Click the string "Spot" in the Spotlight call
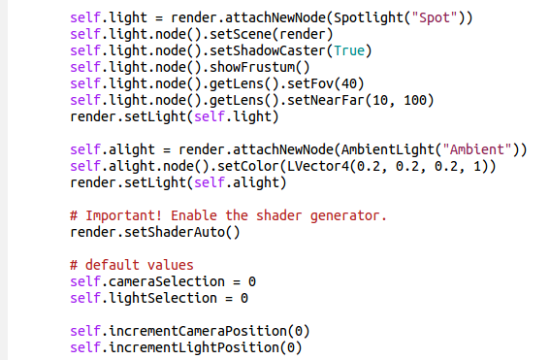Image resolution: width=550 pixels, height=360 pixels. pyautogui.click(x=435, y=17)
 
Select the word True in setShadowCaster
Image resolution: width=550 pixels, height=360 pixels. pyautogui.click(x=349, y=50)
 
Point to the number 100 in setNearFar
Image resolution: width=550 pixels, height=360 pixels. pyautogui.click(x=414, y=100)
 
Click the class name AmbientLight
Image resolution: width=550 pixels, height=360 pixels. pyautogui.click(x=388, y=149)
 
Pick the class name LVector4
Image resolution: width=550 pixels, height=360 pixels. pyautogui.click(x=318, y=166)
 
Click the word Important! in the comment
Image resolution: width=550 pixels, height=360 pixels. pyautogui.click(x=124, y=215)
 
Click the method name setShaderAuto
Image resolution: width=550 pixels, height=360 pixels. pyautogui.click(x=175, y=232)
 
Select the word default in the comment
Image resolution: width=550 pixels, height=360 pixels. pyautogui.click(x=112, y=265)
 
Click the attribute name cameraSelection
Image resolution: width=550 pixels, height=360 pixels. pyautogui.click(x=167, y=281)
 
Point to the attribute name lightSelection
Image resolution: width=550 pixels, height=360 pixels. pyautogui.click(x=163, y=298)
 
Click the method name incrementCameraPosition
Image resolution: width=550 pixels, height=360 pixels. pyautogui.click(x=198, y=331)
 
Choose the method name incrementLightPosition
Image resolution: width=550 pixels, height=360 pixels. pyautogui.click(x=194, y=347)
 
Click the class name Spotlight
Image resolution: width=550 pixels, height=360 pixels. pyautogui.click(x=365, y=17)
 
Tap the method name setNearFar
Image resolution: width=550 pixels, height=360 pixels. pyautogui.click(x=326, y=100)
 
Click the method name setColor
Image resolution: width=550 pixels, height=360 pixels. pyautogui.click(x=248, y=166)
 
